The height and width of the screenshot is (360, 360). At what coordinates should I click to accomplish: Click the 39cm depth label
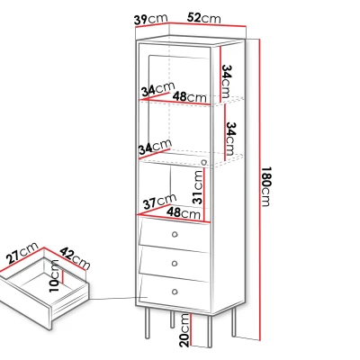pos(150,20)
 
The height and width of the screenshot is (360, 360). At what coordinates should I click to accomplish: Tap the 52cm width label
pos(204,18)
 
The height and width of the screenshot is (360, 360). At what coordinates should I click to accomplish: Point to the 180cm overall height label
pos(265,186)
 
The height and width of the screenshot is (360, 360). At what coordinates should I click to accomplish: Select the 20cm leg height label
pos(185,330)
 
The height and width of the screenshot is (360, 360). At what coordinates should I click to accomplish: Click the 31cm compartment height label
pos(198,187)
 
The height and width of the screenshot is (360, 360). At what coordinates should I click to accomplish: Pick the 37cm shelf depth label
pos(159,202)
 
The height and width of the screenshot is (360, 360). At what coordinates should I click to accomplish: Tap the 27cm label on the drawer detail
pos(22,253)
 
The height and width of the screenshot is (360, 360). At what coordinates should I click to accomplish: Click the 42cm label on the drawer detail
pos(75,258)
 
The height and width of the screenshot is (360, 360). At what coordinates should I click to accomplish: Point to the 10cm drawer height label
pos(55,276)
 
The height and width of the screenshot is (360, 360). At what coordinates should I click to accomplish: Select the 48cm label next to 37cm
pos(184,213)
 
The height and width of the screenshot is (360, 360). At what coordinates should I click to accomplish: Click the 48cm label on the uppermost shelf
pos(190,96)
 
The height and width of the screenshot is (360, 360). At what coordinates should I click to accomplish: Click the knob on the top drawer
pos(175,234)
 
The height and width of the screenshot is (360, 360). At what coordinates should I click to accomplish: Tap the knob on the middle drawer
pos(175,264)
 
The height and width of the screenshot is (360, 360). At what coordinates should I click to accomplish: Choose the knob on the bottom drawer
pos(175,292)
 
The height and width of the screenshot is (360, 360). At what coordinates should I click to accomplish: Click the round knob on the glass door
pos(204,163)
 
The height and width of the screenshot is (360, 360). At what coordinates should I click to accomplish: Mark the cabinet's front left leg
pos(148,323)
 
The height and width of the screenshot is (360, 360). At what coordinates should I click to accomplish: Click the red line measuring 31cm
pos(203,194)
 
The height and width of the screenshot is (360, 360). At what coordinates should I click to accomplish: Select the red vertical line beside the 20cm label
pos(192,330)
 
